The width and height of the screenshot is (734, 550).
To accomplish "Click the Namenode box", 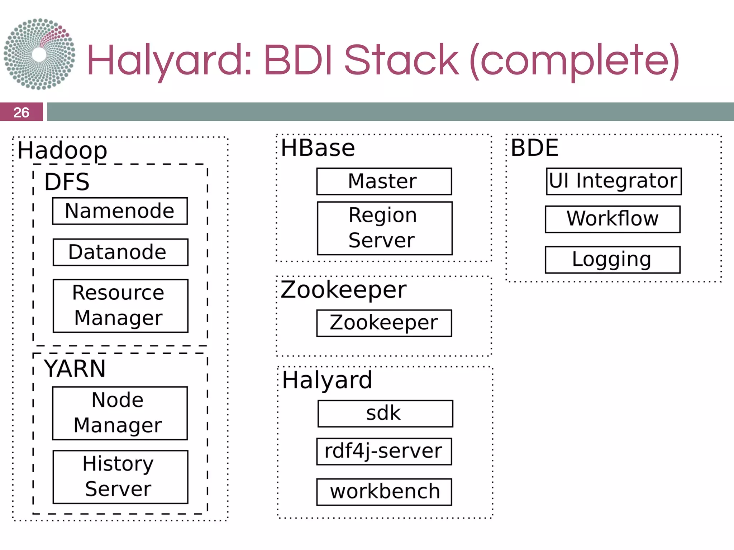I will (120, 211).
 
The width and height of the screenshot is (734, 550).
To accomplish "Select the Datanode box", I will (120, 252).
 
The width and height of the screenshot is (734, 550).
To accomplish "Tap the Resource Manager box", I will (120, 305).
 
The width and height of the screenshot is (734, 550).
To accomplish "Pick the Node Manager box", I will (120, 413).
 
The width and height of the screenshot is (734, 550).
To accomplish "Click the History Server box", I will (120, 477).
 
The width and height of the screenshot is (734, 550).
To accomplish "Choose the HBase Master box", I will (384, 181).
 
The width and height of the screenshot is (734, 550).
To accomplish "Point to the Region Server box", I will (385, 228).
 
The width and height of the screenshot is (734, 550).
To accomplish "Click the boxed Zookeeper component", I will (384, 323).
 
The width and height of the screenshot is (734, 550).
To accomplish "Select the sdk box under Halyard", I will (385, 413).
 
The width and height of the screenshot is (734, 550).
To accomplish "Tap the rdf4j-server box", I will (384, 451).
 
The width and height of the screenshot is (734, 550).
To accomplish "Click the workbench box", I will (384, 492).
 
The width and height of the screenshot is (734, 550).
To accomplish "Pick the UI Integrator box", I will (614, 181).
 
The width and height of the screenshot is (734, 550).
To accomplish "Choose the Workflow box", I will (613, 219).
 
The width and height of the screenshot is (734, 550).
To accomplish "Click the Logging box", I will (613, 260).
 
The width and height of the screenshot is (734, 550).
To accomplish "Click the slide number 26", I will (21, 112).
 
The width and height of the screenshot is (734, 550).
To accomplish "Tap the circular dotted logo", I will (39, 54).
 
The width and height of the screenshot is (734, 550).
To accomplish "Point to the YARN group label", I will (75, 368).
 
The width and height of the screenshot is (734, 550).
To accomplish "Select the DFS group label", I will (67, 182).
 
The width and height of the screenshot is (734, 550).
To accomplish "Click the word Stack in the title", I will (401, 60).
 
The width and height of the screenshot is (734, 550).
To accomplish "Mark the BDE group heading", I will (534, 148).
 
